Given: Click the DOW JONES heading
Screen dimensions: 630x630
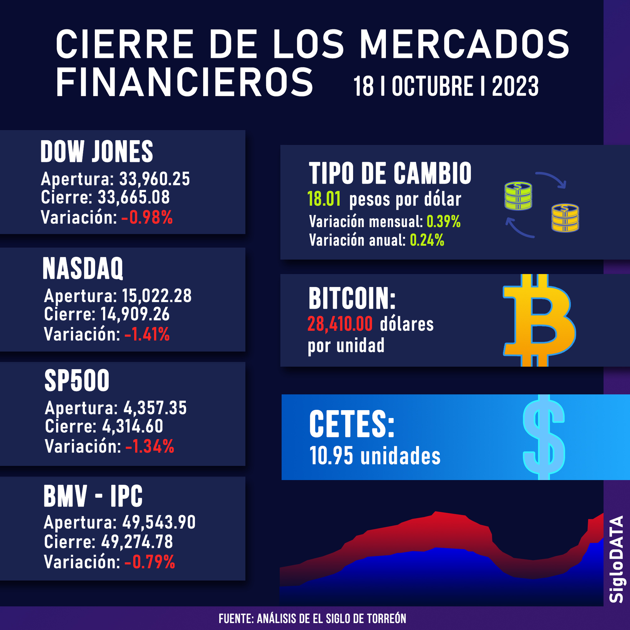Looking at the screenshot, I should (x=97, y=151).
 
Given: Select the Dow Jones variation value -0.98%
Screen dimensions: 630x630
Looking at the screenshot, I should (x=147, y=217).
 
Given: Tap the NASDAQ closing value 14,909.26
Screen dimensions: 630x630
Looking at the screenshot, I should (x=135, y=314).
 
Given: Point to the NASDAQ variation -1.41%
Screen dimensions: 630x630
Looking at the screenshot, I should (x=147, y=334).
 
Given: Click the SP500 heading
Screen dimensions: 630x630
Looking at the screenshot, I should (x=77, y=381).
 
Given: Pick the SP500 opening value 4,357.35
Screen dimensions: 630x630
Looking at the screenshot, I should (x=155, y=408).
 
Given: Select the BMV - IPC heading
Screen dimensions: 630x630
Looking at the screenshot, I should (x=93, y=496).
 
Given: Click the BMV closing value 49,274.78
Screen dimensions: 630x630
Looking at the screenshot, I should (x=137, y=542).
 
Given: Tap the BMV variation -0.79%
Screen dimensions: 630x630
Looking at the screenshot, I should (x=150, y=562).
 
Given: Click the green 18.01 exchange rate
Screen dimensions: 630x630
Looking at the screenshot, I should (x=324, y=199).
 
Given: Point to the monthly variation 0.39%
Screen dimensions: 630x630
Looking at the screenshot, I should (x=443, y=222).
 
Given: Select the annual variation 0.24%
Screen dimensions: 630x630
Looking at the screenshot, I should (x=427, y=240).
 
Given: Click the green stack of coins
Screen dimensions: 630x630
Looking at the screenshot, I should (x=518, y=196).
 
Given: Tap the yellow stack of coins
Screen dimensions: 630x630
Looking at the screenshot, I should (x=565, y=218).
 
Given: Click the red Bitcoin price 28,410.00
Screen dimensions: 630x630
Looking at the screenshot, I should (x=340, y=324).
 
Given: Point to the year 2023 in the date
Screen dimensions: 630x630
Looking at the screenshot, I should (x=515, y=86).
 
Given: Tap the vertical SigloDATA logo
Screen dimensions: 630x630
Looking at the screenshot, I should (x=616, y=559).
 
